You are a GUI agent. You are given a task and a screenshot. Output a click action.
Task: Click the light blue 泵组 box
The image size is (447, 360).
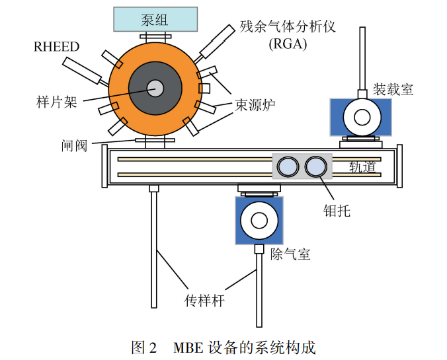pyautogui.click(x=155, y=19)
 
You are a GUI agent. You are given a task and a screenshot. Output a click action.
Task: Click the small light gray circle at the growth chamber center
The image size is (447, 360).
pyautogui.click(x=155, y=88)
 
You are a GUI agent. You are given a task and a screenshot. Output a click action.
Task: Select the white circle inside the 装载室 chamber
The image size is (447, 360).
pyautogui.click(x=362, y=118)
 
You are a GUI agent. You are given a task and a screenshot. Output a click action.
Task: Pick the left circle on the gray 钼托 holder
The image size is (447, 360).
pyautogui.click(x=288, y=166)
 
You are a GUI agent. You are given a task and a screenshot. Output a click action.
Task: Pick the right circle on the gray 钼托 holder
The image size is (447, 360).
pyautogui.click(x=315, y=166)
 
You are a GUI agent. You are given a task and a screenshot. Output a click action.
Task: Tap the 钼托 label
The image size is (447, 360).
pyautogui.click(x=337, y=211)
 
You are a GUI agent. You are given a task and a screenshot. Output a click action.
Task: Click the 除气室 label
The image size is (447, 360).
pyautogui.click(x=290, y=254)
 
